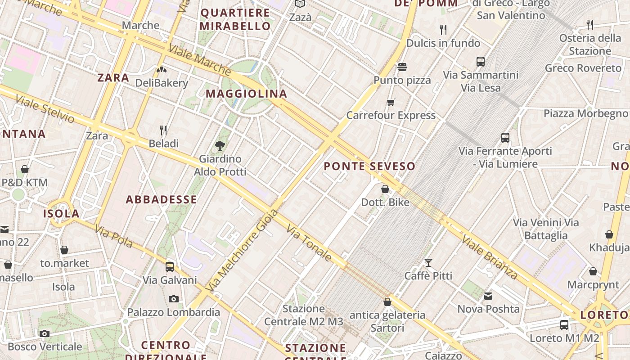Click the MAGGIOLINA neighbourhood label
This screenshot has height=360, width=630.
tap(246, 94)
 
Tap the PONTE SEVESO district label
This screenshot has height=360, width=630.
tap(369, 166)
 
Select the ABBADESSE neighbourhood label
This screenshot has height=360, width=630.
tap(161, 200)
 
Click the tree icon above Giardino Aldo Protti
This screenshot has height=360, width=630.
tap(220, 145)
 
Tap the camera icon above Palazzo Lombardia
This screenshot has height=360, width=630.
tap(173, 299)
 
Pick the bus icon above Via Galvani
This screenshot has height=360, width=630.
tap(170, 266)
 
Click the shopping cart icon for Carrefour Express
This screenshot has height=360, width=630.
tap(391, 102)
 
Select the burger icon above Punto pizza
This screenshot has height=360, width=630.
tap(402, 67)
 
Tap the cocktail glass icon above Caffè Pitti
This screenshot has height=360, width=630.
tap(428, 262)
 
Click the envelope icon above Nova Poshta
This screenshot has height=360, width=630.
tap(488, 296)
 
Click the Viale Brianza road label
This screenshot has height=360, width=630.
tap(489, 257)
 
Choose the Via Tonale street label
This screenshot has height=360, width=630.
tap(309, 243)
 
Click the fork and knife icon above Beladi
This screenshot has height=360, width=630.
tap(163, 130)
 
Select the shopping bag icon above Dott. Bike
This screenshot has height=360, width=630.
tap(385, 189)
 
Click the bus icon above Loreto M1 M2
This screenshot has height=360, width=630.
tap(564, 324)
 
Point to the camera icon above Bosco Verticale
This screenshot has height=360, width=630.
tap(44, 333)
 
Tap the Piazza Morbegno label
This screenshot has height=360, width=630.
tap(585, 113)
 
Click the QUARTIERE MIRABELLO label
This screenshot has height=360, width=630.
tap(235, 19)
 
